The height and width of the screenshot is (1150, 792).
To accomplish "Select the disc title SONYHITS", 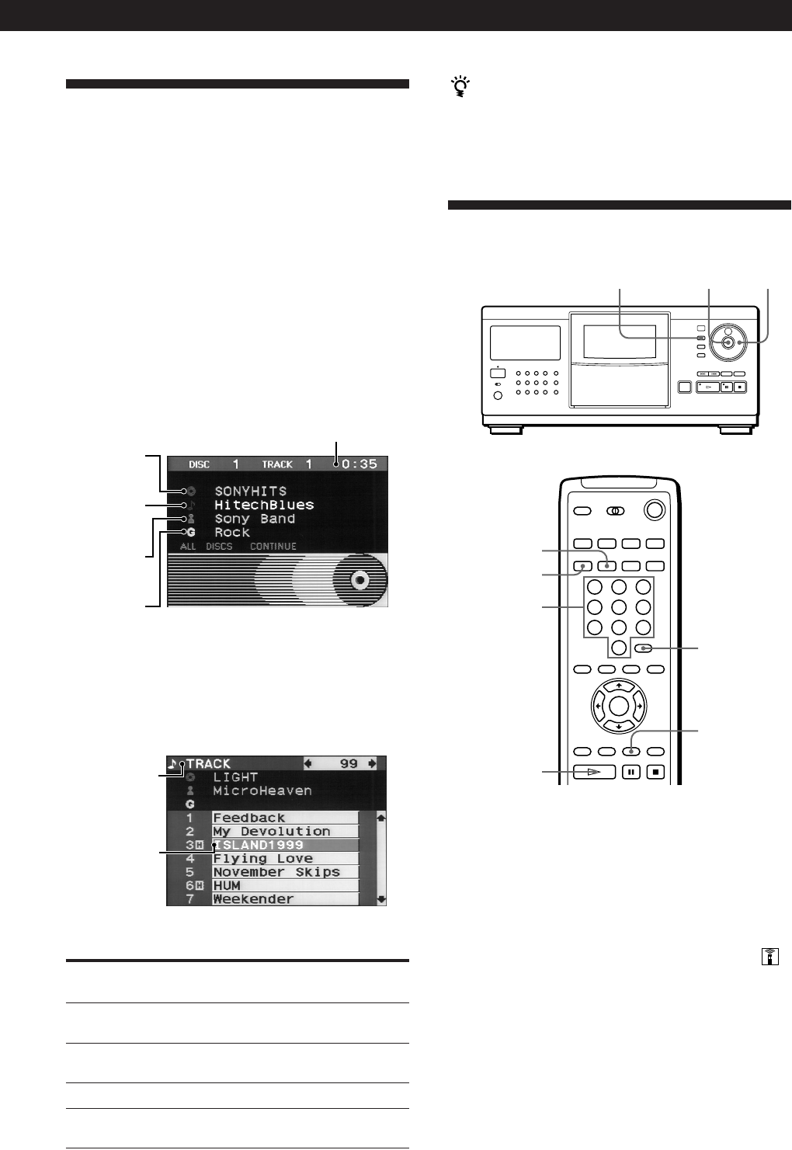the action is [x=250, y=492].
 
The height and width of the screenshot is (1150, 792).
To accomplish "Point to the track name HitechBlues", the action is [x=264, y=505].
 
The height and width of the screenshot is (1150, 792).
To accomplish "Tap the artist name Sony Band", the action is [x=255, y=519].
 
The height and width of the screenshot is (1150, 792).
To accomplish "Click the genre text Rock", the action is [x=232, y=533].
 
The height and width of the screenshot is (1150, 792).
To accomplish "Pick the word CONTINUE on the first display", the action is [x=273, y=547].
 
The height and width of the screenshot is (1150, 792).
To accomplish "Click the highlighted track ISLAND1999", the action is [x=258, y=845].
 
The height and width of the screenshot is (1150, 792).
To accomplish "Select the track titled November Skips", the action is [x=276, y=872].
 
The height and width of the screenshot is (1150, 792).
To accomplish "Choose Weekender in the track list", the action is [x=253, y=899].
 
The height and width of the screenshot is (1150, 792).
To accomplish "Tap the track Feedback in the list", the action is [x=248, y=818].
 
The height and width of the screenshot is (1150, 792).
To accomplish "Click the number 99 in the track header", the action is [x=349, y=764].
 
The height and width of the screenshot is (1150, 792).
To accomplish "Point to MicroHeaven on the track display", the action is [x=262, y=791].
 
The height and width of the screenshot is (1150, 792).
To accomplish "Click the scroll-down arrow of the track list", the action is [x=380, y=899].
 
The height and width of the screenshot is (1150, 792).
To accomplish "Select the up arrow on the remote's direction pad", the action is [x=619, y=686].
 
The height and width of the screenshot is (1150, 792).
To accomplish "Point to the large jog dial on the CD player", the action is [x=728, y=342].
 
